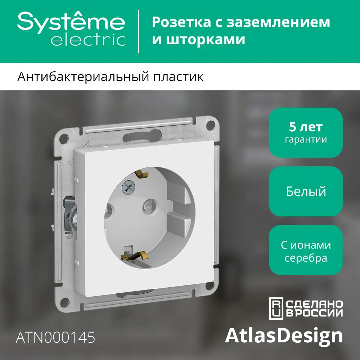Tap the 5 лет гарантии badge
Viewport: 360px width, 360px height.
(306, 132)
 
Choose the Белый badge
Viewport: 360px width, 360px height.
(306, 191)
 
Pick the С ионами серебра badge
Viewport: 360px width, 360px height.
(306, 251)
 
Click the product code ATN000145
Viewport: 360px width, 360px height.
(56, 337)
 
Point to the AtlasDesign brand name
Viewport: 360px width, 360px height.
(284, 336)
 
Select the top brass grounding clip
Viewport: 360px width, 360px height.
(141, 174)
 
